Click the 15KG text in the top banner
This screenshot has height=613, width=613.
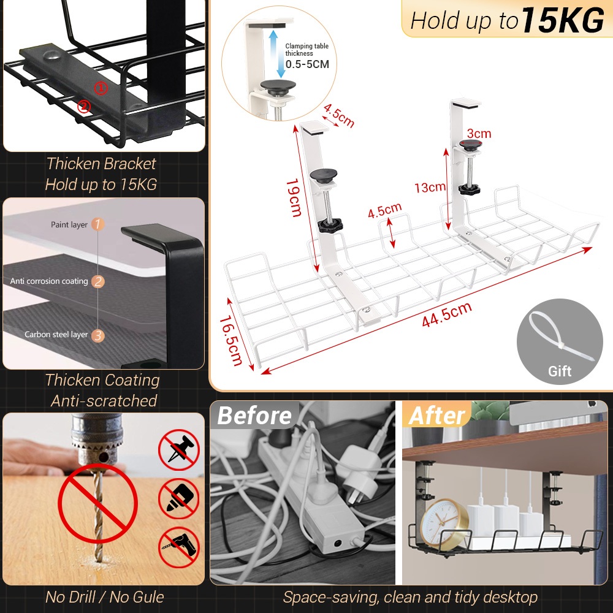(x=563, y=20)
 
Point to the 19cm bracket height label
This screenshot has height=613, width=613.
(x=294, y=197)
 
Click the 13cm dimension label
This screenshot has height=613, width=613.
(x=429, y=188)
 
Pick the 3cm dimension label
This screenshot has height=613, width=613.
(x=479, y=134)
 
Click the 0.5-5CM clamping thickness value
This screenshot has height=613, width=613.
(x=306, y=64)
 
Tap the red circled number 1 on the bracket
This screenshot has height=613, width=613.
(x=101, y=88)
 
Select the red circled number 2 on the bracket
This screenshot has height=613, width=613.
(x=84, y=107)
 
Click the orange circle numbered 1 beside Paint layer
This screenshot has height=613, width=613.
(x=98, y=224)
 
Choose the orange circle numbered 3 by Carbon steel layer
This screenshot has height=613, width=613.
(x=98, y=335)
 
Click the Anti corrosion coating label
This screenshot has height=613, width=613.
(x=49, y=281)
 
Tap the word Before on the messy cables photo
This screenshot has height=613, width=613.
(x=254, y=416)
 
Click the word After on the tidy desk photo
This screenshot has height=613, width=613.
(x=436, y=416)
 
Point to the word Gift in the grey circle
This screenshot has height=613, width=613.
(x=559, y=371)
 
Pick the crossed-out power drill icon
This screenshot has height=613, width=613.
(x=178, y=547)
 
